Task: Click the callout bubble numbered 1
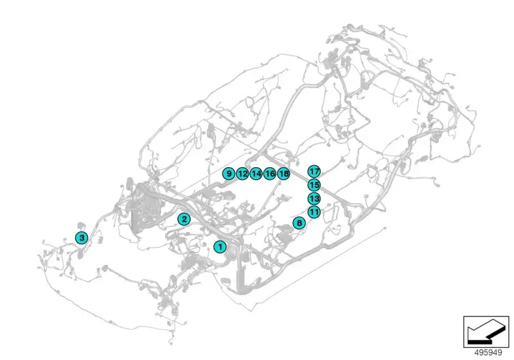220,247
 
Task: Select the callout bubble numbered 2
184,219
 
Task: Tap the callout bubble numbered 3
82,238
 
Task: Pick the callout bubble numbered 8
299,223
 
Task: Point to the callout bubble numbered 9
229,174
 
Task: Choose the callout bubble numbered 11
314,212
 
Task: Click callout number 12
242,174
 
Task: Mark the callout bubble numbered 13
314,199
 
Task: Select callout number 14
256,174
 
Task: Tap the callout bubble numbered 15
314,185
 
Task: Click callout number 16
270,174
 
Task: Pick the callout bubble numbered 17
314,171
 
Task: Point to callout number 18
283,174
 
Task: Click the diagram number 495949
488,353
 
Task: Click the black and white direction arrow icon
486,332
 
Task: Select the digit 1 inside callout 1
220,247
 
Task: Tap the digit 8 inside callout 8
299,223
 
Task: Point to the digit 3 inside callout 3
82,238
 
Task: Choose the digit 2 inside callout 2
184,219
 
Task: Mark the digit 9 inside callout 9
229,174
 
